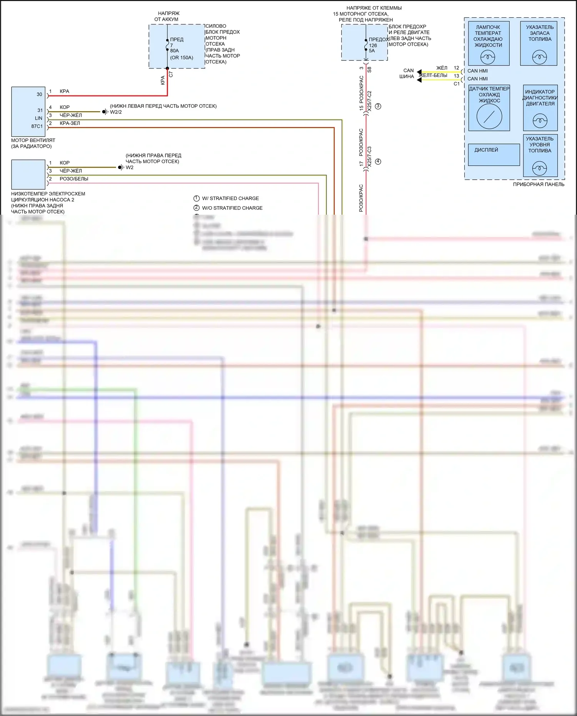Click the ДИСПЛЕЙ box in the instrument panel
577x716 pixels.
[494, 155]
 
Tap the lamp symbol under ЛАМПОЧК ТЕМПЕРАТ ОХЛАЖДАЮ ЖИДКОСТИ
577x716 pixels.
[488, 58]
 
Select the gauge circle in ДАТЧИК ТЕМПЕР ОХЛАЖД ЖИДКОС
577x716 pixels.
[489, 117]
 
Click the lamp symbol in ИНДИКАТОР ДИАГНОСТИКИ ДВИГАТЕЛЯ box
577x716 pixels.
[540, 121]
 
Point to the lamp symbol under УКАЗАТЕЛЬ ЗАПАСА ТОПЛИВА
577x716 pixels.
[539, 58]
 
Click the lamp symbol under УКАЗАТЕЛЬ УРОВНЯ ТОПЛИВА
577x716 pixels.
[539, 168]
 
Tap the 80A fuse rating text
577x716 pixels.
[175, 51]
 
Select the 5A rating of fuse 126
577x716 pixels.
[372, 51]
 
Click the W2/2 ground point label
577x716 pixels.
[116, 112]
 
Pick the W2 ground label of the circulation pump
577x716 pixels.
[130, 168]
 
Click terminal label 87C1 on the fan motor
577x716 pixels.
[37, 127]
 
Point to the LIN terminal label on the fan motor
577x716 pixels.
[38, 118]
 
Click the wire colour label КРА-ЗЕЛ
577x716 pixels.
[70, 124]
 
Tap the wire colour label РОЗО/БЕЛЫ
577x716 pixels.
[74, 179]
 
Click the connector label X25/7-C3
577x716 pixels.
[370, 157]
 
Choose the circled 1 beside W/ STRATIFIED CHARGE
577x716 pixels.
[197, 199]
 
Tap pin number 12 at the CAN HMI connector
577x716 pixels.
[456, 68]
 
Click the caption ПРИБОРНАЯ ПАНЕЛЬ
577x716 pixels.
[539, 185]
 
